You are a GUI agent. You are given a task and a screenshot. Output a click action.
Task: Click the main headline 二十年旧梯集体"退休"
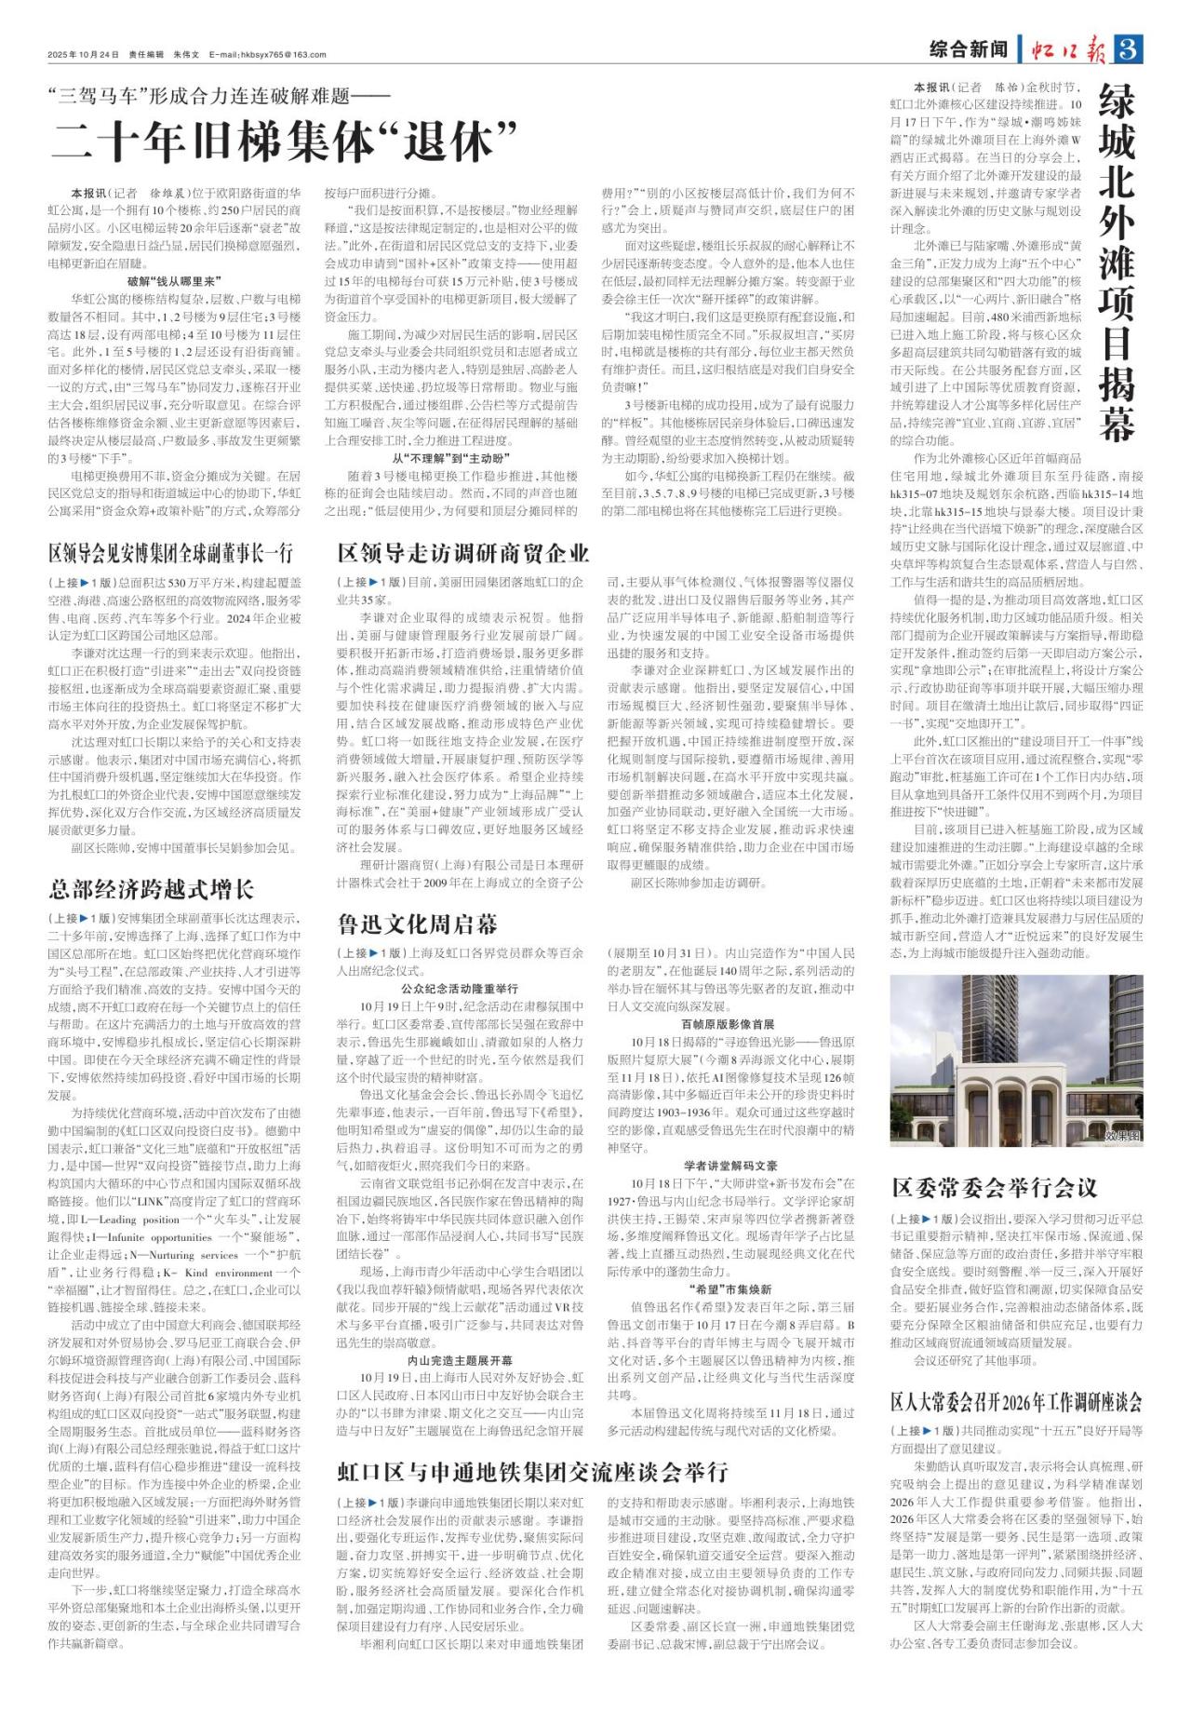pyautogui.click(x=284, y=139)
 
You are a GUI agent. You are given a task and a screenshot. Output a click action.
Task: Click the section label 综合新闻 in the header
pyautogui.click(x=969, y=50)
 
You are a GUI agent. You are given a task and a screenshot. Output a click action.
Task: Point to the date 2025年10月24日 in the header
pyautogui.click(x=84, y=55)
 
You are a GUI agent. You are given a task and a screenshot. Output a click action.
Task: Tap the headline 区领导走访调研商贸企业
pyautogui.click(x=463, y=554)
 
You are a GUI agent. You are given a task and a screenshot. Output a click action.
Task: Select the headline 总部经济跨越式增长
pyautogui.click(x=152, y=888)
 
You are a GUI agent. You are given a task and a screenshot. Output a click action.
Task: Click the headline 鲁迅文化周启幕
pyautogui.click(x=418, y=924)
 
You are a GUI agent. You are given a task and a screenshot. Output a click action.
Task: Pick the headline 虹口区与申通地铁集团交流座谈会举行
pyautogui.click(x=532, y=1472)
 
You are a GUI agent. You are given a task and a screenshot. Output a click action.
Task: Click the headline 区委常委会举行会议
pyautogui.click(x=995, y=1187)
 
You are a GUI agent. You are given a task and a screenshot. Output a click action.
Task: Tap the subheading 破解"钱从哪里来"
pyautogui.click(x=174, y=280)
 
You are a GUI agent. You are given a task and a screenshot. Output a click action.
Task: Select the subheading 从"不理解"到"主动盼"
pyautogui.click(x=451, y=459)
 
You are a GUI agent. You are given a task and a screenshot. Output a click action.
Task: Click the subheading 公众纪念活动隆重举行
pyautogui.click(x=460, y=988)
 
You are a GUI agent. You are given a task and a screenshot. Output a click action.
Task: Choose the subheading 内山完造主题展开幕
pyautogui.click(x=460, y=1360)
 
